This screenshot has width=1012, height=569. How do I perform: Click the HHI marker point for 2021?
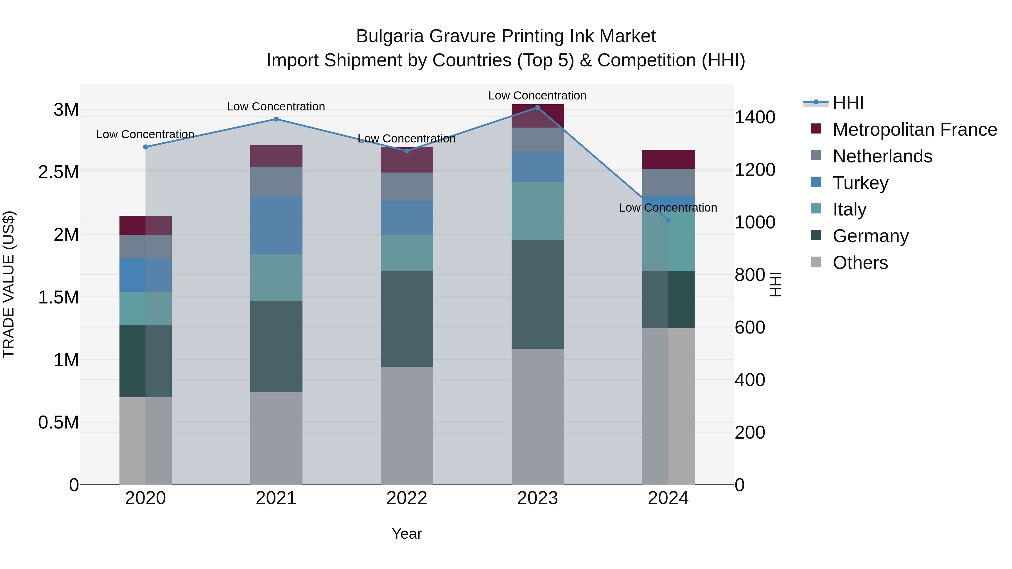coord(276,119)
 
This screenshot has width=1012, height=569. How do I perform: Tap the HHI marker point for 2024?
coord(668,220)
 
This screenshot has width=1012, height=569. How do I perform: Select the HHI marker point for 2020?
coord(145,147)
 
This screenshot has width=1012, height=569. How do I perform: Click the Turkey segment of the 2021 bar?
coord(276,225)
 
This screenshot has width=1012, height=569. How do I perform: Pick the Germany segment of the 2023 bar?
coord(537,294)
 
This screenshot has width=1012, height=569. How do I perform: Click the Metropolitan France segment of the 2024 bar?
coord(668,159)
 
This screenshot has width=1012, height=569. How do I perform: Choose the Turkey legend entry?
coord(860,183)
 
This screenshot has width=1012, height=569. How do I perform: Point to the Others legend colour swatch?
coord(816,262)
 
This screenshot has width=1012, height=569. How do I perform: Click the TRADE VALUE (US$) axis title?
coord(9,284)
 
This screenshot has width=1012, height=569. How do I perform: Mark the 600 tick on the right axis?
coord(749,328)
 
